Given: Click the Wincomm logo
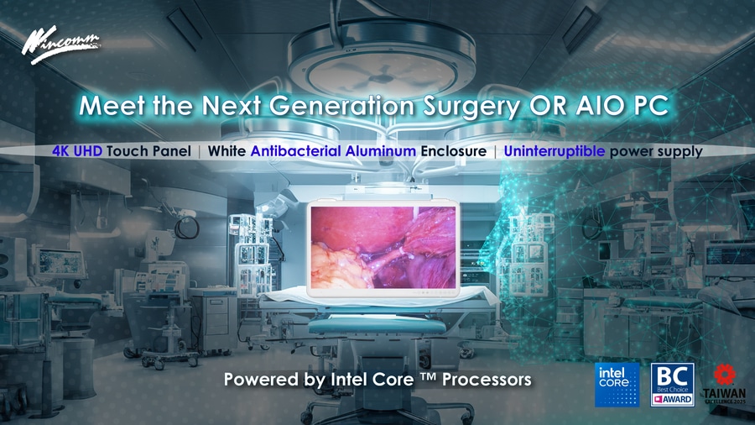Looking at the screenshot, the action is (x=60, y=45).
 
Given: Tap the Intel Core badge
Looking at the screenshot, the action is (x=617, y=385).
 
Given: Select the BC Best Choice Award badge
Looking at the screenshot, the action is (x=672, y=385).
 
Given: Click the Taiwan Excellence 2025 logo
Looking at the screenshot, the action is (x=724, y=384).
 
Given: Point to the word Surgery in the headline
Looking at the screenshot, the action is (x=471, y=107).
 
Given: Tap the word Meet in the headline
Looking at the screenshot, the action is (x=112, y=106).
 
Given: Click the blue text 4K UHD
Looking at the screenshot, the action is (x=77, y=151).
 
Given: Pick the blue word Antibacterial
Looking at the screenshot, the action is (x=295, y=151).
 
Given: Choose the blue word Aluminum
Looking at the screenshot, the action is (x=380, y=151).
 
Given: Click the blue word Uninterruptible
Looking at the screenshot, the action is (x=555, y=151).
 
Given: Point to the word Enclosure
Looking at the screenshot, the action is (x=454, y=151).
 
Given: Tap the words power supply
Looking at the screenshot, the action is (x=656, y=152).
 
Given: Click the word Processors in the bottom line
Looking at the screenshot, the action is (x=487, y=379).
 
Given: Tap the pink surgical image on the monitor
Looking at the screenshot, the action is (x=383, y=247).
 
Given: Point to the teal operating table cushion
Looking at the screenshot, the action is (x=377, y=326).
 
